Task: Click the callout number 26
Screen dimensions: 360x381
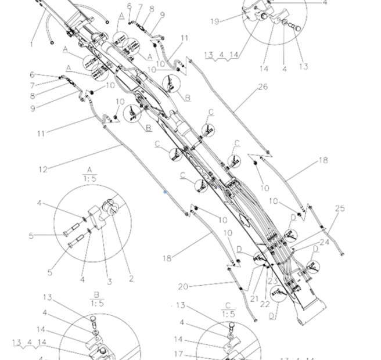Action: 263,87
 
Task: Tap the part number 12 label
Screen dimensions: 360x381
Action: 43,169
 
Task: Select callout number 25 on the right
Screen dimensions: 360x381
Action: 340,208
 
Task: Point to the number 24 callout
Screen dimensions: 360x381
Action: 324,242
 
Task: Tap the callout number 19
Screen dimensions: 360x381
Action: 214,21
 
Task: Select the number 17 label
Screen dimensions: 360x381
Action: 181,354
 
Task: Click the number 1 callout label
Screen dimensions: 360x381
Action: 32,44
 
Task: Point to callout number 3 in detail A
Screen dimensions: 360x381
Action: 109,282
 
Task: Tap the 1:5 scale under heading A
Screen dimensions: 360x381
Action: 89,179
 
